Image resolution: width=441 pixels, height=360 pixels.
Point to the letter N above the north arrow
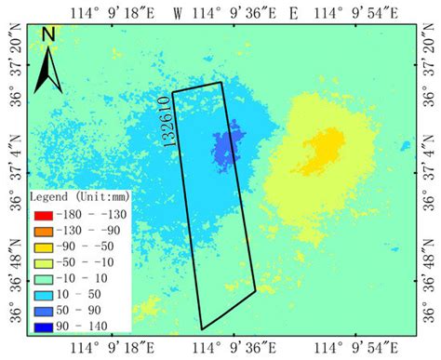tap(48, 35)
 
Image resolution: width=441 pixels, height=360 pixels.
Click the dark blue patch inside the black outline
tap(223, 148)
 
